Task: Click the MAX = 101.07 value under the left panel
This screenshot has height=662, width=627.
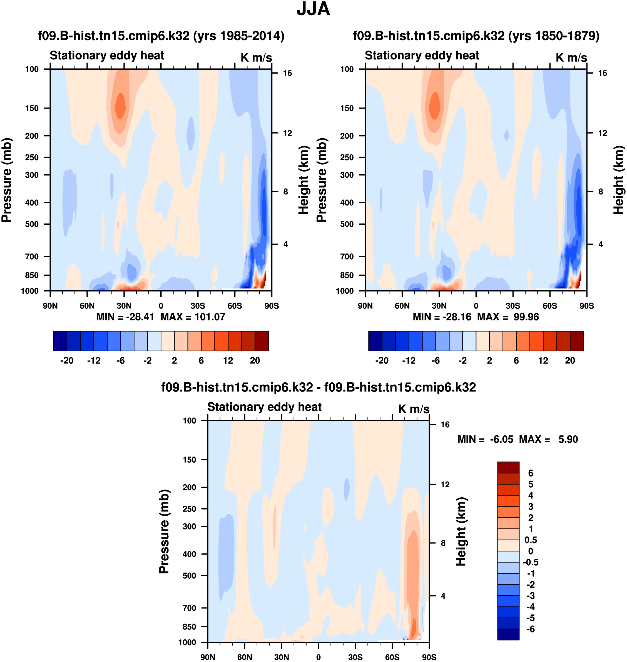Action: tap(193, 317)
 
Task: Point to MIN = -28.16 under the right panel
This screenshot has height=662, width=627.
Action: tap(442, 317)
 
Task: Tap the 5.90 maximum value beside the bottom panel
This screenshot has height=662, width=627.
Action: tap(568, 439)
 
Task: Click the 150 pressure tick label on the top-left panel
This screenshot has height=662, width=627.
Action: tap(32, 108)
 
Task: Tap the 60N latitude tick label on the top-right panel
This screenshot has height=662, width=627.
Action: tap(402, 306)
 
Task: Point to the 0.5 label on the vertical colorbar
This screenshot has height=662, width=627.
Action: tap(531, 540)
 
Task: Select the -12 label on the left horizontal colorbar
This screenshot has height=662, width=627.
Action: tap(94, 361)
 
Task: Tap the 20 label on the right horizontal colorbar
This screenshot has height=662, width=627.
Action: tap(570, 361)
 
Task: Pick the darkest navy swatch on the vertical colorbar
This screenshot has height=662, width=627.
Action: tap(508, 634)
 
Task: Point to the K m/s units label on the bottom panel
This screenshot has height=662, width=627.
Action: tap(414, 409)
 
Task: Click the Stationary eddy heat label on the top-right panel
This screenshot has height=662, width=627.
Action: tap(422, 56)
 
